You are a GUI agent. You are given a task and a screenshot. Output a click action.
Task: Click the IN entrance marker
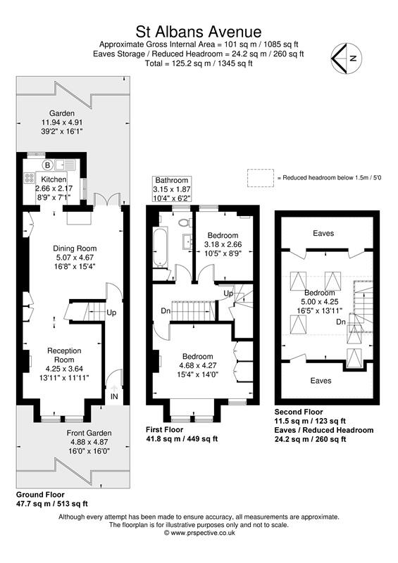point(113,397)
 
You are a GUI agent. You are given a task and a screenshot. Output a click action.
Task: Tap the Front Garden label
point(87,433)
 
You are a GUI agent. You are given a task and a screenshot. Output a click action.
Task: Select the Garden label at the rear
point(61,113)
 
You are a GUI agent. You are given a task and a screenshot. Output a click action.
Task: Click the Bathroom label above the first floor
point(173,180)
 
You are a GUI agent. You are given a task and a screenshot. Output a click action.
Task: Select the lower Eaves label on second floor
point(323,380)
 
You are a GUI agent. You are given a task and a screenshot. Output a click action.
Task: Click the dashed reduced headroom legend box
point(259,178)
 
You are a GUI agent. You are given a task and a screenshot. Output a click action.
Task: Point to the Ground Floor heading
point(42,495)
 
